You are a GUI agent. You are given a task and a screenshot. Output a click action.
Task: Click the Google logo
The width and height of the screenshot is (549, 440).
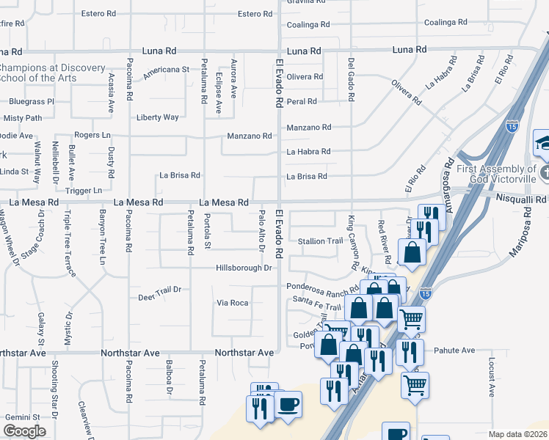25,431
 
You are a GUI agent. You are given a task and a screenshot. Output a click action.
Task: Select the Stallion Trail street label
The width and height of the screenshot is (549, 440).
320,241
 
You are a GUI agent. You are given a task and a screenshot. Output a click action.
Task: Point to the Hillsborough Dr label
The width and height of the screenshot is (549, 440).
244,268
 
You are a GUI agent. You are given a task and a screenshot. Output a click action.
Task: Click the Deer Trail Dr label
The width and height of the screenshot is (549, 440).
159,298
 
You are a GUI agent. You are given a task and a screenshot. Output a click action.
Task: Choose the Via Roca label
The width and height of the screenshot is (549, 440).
232,303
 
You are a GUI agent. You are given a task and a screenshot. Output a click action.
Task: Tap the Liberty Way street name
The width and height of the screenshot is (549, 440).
157,117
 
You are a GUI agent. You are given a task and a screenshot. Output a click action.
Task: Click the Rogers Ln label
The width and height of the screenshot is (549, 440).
92,135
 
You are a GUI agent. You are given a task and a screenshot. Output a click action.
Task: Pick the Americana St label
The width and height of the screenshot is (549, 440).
166,70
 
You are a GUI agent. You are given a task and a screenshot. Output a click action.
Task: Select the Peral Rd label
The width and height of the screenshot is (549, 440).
302,101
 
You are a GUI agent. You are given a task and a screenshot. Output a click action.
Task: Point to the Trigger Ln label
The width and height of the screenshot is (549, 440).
83,191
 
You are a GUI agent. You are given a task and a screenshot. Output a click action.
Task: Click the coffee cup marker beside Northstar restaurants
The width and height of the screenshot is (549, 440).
288,405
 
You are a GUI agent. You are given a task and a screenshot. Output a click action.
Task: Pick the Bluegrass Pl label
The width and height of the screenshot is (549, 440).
29,101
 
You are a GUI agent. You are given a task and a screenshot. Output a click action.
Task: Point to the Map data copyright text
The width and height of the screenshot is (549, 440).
518,434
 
